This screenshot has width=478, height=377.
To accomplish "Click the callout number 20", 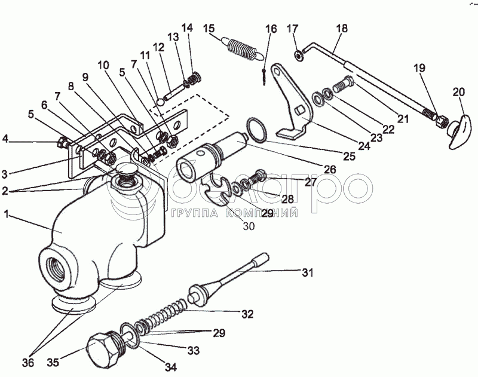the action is click(459, 92).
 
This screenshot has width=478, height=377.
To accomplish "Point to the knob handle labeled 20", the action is click(460, 131).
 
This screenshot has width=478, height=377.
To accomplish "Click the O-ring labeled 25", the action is click(256, 130).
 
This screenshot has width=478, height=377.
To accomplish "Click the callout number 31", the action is click(307, 272).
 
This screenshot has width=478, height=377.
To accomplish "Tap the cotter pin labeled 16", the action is click(264, 77).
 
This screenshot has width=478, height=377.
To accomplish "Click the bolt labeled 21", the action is click(344, 84).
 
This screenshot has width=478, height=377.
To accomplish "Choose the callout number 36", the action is click(27, 363).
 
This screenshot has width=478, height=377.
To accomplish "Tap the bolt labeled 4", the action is click(63, 143).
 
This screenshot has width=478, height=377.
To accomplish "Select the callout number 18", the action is click(342, 28).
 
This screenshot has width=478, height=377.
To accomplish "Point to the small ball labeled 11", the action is click(161, 101).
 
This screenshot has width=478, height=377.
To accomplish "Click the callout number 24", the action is click(364, 145).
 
